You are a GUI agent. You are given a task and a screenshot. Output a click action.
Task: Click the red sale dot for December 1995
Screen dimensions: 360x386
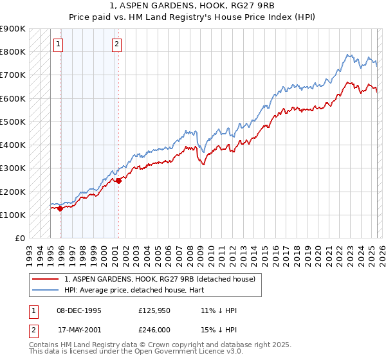tap(60, 208)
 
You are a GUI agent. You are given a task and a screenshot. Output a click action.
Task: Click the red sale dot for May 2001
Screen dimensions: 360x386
tap(118, 181)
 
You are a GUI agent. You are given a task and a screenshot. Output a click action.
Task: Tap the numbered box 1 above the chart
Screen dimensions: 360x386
tap(59, 44)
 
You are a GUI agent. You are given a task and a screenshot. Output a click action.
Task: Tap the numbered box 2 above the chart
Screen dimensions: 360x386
tap(116, 44)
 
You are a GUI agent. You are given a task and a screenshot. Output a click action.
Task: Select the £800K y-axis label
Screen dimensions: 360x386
tap(13, 52)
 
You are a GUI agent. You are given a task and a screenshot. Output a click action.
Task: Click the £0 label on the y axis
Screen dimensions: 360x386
tap(19, 238)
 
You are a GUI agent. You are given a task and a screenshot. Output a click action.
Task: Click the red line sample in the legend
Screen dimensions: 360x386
tap(45, 279)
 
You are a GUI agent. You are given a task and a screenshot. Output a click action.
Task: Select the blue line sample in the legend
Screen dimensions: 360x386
tap(45, 289)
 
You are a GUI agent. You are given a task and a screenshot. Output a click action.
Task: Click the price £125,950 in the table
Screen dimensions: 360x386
tap(154, 310)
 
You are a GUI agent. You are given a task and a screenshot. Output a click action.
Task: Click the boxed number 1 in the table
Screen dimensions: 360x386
tap(32, 310)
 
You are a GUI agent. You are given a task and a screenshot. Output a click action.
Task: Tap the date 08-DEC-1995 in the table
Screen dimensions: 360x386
tap(79, 310)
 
